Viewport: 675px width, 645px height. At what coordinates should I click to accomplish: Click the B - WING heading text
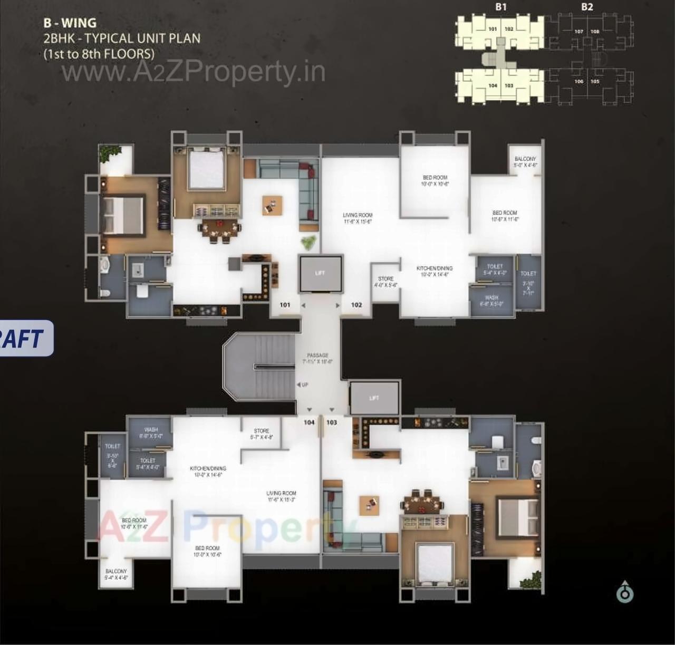pos(70,23)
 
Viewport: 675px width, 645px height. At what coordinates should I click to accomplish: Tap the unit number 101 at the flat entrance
pos(285,305)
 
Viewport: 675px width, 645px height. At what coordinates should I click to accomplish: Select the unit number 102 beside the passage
pos(356,305)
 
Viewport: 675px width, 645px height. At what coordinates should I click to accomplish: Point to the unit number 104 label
pos(309,422)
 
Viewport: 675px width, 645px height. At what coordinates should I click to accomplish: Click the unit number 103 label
pos(332,422)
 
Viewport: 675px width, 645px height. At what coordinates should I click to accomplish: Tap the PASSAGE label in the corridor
pos(317,359)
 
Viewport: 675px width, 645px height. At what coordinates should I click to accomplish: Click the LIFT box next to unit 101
pos(320,273)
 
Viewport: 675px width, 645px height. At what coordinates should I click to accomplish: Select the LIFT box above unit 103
pos(374,398)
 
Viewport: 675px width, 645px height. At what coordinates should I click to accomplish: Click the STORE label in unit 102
pos(385,282)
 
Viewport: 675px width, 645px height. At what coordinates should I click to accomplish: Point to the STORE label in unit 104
pos(262,434)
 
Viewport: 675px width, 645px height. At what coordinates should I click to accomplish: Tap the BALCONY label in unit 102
pos(525,161)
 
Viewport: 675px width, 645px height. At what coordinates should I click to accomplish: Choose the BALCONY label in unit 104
pos(116,574)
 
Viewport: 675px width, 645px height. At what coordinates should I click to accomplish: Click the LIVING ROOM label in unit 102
pos(358,218)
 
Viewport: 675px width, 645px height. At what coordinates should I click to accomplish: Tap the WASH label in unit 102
pos(491,301)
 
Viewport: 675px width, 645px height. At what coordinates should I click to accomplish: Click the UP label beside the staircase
pos(304,384)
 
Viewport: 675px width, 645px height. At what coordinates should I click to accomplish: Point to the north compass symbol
pos(625,592)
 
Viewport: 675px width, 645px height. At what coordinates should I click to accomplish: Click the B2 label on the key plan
pos(587,7)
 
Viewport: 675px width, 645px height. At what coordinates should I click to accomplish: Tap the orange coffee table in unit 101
pos(272,205)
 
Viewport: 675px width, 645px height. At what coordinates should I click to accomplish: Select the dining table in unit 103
pos(423,504)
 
